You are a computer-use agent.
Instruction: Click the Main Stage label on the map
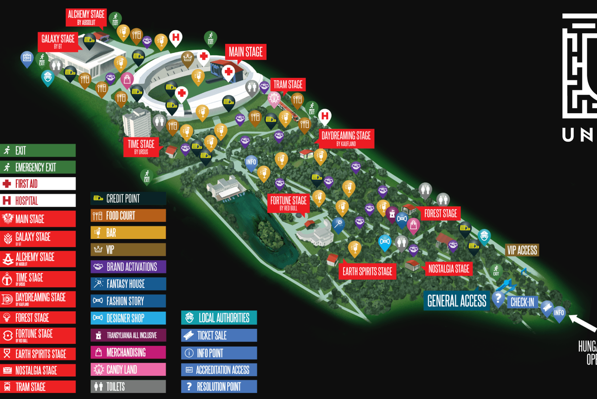click(x=246, y=52)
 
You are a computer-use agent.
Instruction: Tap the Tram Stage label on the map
click(x=288, y=85)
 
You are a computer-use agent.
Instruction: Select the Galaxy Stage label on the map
click(x=58, y=41)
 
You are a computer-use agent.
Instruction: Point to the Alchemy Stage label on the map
click(x=86, y=17)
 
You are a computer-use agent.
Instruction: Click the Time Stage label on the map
click(x=141, y=146)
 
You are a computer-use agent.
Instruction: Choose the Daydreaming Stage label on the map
click(x=346, y=138)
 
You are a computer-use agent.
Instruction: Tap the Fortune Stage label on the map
click(x=288, y=203)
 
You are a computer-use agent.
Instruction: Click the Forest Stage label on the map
click(x=440, y=214)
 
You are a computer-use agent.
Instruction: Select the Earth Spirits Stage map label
click(x=367, y=271)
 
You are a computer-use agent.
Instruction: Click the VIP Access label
click(x=521, y=250)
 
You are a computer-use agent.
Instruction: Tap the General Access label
click(x=456, y=301)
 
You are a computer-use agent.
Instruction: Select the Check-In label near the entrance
click(x=522, y=302)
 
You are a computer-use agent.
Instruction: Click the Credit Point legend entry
click(x=128, y=199)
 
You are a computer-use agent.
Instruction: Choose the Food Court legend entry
click(x=128, y=216)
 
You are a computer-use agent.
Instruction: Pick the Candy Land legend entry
click(x=128, y=370)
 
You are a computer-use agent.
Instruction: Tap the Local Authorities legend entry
click(x=219, y=318)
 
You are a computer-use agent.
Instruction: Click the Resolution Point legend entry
click(x=219, y=387)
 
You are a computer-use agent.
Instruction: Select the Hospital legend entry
click(x=38, y=201)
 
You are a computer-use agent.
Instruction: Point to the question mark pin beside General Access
click(x=498, y=298)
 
